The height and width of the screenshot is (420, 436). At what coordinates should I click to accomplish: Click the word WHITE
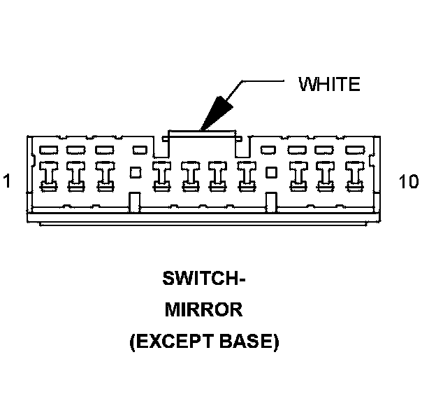pos(329,85)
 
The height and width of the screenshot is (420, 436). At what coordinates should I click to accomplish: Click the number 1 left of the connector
pos(7,182)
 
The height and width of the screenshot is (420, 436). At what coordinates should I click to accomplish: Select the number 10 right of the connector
pos(409,182)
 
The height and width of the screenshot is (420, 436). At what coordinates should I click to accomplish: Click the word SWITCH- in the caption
pos(204,279)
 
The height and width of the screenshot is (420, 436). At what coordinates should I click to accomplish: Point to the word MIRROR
pos(204,310)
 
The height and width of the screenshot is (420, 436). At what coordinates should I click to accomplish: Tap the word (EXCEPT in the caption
pos(166,342)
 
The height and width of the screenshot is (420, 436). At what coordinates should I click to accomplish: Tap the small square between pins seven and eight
pos(272,171)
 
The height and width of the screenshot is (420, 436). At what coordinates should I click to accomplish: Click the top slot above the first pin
pos(48,149)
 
